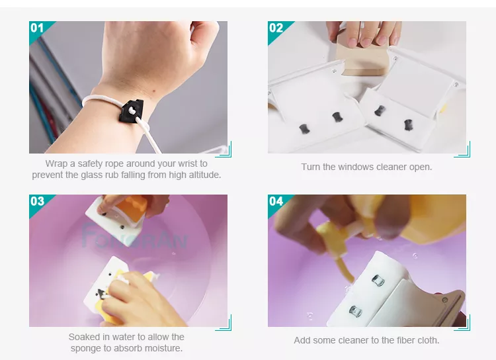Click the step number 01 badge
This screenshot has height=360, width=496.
[37, 28]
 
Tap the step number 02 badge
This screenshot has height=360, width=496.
[276, 28]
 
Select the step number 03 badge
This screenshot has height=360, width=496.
[37, 201]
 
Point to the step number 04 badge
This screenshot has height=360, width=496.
[276, 201]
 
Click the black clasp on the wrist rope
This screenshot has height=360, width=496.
[132, 111]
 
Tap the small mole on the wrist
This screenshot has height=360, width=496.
[153, 91]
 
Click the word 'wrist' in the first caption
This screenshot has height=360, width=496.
[188, 163]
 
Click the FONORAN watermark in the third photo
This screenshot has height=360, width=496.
[134, 236]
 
